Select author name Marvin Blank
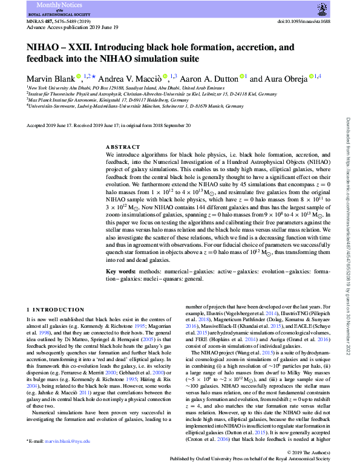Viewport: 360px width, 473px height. point(51,79)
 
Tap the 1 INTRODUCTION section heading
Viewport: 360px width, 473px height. point(53,310)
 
